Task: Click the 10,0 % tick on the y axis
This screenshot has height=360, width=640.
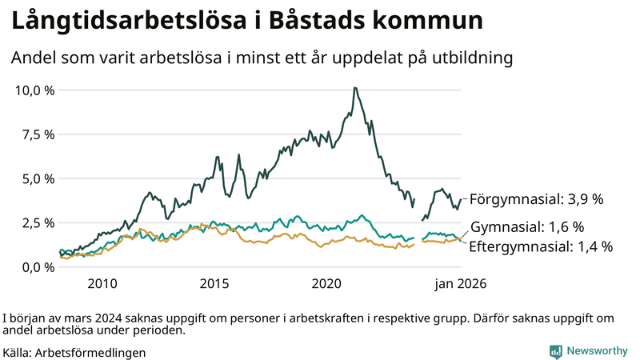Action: point(35,90)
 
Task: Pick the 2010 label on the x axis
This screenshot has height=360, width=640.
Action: point(102,284)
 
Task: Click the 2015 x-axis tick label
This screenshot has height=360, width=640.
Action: point(214,284)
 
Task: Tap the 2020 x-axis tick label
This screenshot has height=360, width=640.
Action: point(326,284)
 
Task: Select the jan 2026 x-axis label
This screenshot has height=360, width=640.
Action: point(460,284)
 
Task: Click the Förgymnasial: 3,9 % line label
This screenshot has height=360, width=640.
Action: point(535,198)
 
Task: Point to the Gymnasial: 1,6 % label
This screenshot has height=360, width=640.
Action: point(527,227)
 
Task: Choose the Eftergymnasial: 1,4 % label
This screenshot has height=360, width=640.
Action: point(540,246)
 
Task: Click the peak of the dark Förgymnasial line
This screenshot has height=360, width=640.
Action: point(354,88)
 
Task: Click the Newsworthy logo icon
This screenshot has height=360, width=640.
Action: point(555,351)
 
